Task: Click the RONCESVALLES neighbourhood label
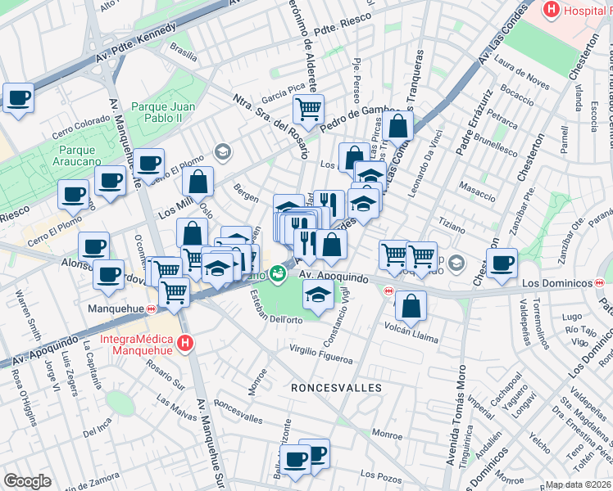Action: (x=327, y=387)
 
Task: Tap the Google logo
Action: (x=27, y=481)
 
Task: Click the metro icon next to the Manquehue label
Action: (x=151, y=309)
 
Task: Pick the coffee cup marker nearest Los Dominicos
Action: (x=502, y=263)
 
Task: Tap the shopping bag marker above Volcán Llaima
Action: (x=411, y=306)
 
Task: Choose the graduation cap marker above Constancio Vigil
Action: (x=318, y=295)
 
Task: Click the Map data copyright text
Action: (x=579, y=484)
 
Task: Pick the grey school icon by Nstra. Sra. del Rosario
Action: (x=221, y=151)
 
